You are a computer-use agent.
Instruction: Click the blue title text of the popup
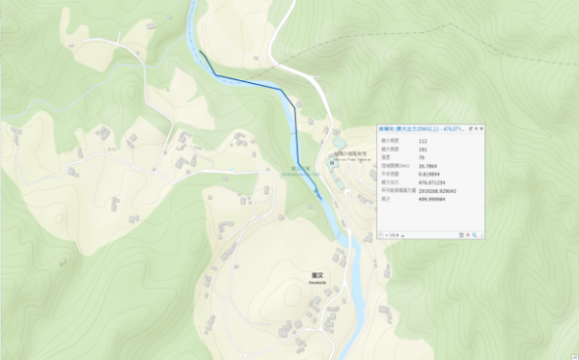(421, 128)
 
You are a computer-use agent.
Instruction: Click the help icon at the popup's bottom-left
(382, 235)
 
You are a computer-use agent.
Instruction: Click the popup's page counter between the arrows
(394, 235)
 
